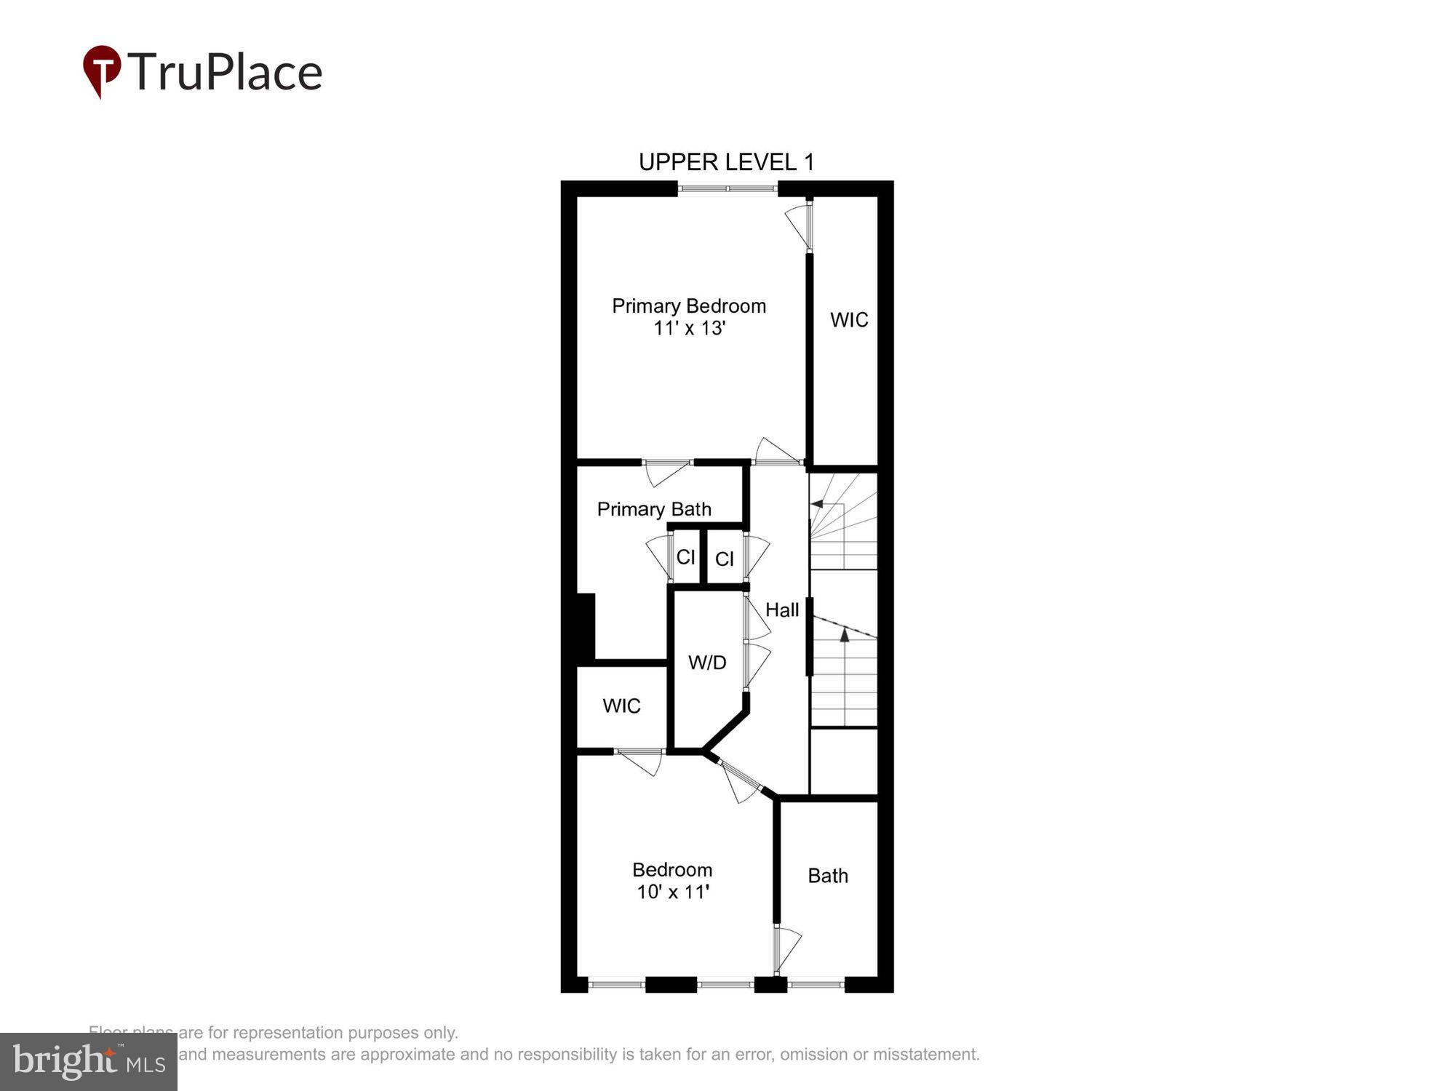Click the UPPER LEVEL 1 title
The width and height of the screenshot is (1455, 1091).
tap(726, 161)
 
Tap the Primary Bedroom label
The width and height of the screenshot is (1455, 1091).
tap(688, 305)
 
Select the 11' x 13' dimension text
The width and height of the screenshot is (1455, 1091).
tap(688, 329)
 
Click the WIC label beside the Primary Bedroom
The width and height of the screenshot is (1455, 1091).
tap(849, 320)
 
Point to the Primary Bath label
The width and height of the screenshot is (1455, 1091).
tap(653, 509)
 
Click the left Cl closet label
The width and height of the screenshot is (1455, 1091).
tap(685, 557)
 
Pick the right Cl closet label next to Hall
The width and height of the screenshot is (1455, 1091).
tap(724, 559)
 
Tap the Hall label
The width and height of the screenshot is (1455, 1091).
tap(782, 610)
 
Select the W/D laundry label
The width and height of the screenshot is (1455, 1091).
tap(707, 663)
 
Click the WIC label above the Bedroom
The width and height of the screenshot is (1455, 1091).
tap(621, 706)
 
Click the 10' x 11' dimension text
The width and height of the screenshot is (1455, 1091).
tap(672, 892)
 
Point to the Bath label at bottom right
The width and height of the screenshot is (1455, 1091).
tap(828, 876)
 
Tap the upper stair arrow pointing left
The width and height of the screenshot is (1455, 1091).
tap(818, 503)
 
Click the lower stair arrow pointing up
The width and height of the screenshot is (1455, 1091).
tap(845, 636)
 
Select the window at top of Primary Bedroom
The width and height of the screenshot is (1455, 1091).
tap(727, 189)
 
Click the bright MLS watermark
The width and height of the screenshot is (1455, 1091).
tap(89, 1062)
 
